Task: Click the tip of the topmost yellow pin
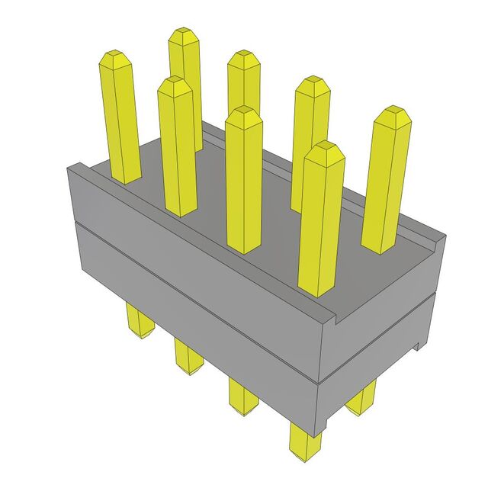tap(183, 34)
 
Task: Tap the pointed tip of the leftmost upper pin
tap(115, 57)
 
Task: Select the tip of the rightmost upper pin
tap(393, 112)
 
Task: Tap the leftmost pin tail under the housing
tap(139, 320)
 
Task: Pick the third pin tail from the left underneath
tap(243, 396)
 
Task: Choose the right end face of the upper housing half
tap(381, 305)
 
